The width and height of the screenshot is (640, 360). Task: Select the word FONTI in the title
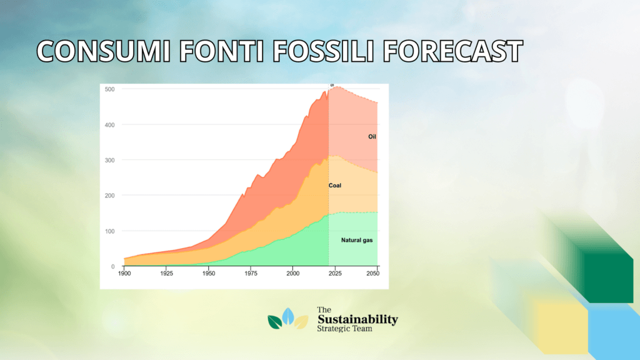221,51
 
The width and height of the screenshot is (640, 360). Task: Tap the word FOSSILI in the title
323,51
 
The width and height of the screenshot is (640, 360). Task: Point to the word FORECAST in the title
452,51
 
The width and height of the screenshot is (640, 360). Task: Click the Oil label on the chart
372,137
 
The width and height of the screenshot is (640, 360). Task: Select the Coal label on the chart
335,185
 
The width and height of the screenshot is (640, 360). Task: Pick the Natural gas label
357,240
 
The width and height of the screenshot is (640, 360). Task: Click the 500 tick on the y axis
110,89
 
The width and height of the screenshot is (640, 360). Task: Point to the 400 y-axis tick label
110,125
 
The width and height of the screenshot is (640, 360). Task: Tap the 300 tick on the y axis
110,161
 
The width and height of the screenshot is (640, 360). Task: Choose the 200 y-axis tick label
110,196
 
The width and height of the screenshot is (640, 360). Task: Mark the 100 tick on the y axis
110,231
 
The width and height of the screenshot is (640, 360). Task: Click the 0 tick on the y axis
113,266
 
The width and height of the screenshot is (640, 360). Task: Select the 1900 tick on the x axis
124,274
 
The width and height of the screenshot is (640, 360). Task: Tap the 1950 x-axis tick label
209,274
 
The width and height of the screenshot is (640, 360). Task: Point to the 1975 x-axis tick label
251,274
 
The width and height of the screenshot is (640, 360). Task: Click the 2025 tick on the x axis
335,274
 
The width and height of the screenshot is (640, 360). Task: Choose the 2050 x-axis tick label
372,274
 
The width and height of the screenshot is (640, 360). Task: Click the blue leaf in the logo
288,316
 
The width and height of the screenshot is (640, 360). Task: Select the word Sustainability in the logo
357,319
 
